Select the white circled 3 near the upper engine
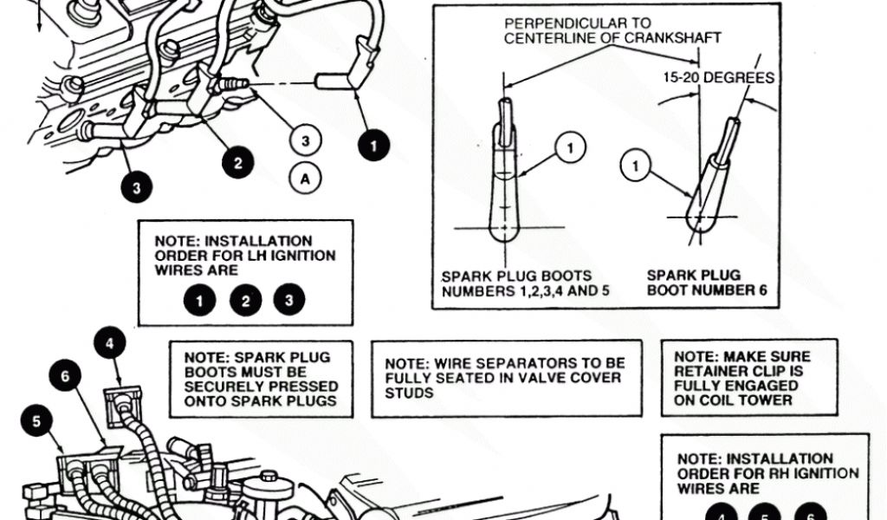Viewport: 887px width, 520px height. (x=304, y=140)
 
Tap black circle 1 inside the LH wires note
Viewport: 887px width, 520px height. (x=200, y=301)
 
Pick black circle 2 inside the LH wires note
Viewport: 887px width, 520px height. (x=245, y=301)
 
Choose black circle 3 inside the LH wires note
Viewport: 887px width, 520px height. (x=289, y=301)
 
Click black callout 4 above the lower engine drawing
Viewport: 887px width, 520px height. (x=109, y=343)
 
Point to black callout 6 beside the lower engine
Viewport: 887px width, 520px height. (x=65, y=376)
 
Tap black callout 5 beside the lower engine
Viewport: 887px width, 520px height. (x=36, y=422)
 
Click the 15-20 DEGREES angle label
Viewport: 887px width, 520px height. (x=719, y=78)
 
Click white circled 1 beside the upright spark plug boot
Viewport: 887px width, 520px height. (x=570, y=149)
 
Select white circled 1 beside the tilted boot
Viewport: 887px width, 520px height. (x=637, y=166)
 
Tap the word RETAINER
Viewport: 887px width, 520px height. (x=710, y=371)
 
